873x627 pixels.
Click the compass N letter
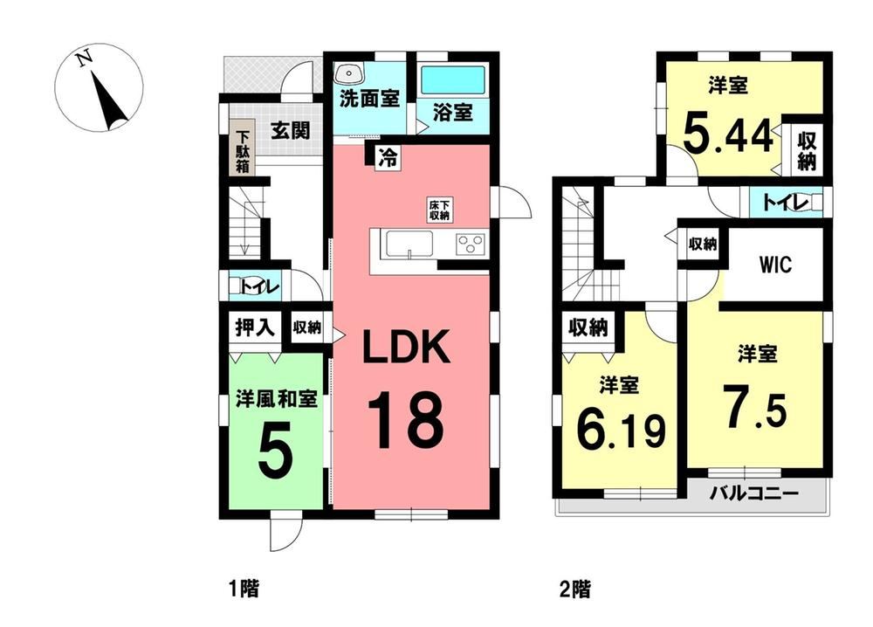(86, 58)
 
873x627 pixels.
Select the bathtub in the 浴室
(452, 80)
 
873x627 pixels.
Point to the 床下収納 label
(439, 210)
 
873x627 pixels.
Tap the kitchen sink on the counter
(409, 244)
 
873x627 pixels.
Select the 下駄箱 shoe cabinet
(242, 151)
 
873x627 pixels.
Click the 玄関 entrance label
(290, 130)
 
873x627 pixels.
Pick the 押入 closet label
(255, 327)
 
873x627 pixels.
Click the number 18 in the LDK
(405, 420)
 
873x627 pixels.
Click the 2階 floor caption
(575, 589)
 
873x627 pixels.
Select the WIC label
(775, 265)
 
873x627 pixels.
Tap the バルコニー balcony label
(754, 493)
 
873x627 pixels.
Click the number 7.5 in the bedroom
(755, 406)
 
